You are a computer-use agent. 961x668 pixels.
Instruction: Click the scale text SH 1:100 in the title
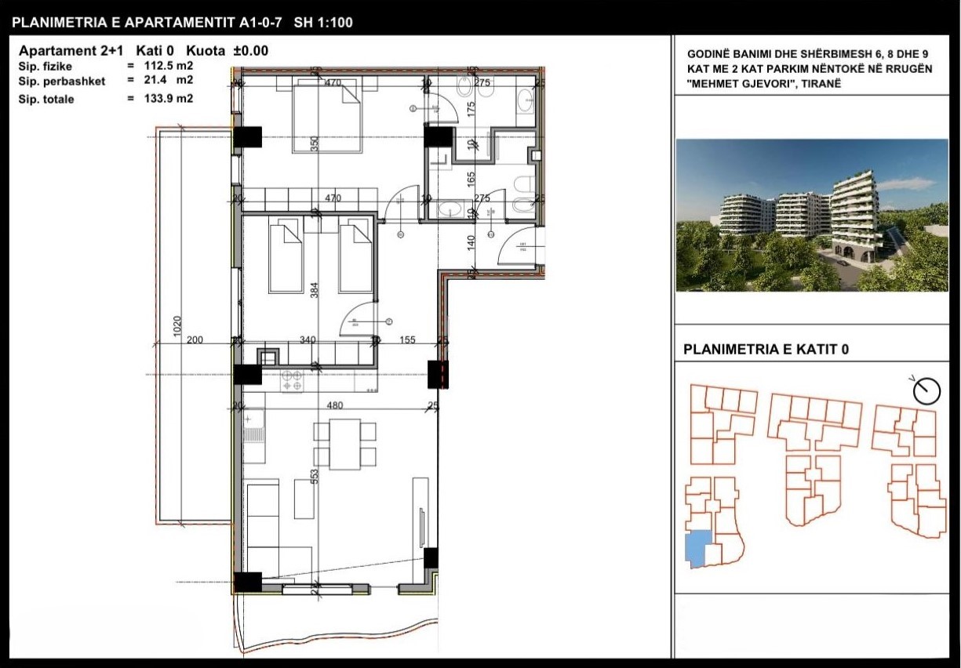[323, 23]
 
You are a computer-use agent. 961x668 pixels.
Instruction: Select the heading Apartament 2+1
[69, 51]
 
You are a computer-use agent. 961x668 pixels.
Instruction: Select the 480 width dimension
[335, 406]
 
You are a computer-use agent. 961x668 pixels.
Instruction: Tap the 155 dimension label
[406, 340]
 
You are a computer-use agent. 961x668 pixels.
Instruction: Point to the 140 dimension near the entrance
[472, 241]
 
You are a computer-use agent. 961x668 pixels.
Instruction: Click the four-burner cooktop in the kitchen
[293, 380]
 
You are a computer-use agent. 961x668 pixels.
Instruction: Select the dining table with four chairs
[344, 444]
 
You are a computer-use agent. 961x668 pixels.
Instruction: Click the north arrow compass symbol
[926, 389]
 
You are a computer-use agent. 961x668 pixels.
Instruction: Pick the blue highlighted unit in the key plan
[697, 548]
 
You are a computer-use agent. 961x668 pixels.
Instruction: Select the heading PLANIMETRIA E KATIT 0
[766, 350]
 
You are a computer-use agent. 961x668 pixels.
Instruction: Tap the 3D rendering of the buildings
[812, 215]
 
